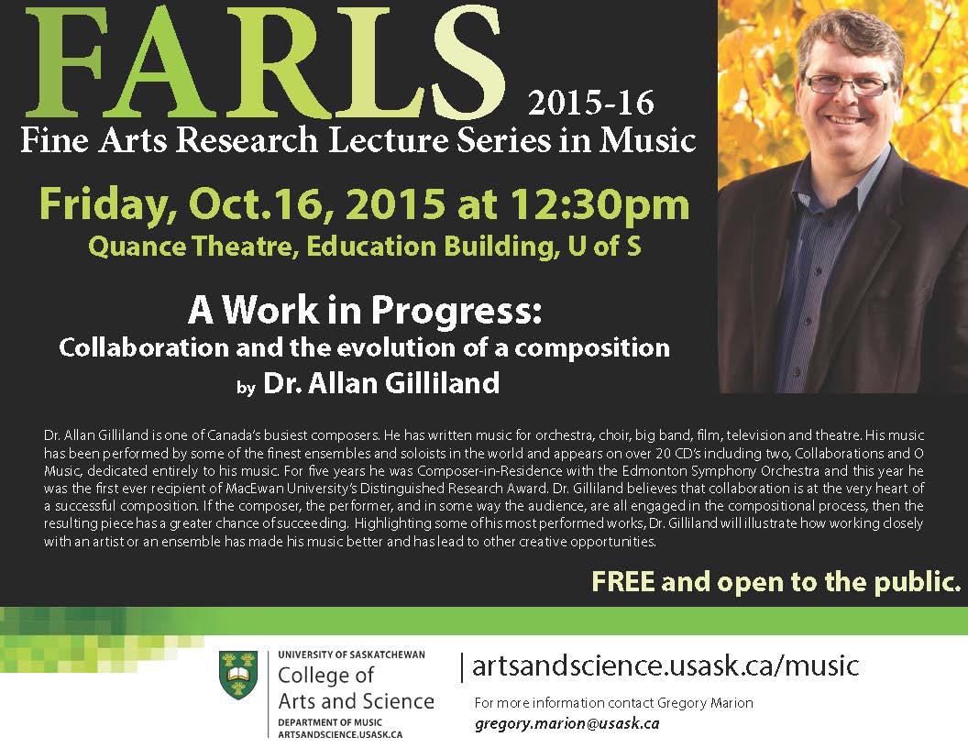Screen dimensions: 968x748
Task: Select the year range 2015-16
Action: pos(591,102)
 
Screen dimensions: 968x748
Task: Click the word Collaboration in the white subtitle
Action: pos(143,348)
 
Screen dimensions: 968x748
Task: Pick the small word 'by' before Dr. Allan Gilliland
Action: pos(246,388)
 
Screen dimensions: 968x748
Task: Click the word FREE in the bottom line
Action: pos(622,581)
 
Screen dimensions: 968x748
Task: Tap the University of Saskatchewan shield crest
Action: pos(238,676)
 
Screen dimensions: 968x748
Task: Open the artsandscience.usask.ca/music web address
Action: pos(665,665)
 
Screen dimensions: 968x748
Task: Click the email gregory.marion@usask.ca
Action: pos(566,723)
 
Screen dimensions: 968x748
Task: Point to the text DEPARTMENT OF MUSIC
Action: pos(330,722)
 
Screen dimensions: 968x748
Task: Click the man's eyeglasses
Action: pos(847,84)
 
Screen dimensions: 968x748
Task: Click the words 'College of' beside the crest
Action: pos(325,676)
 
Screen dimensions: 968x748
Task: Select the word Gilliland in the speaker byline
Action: pos(442,383)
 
